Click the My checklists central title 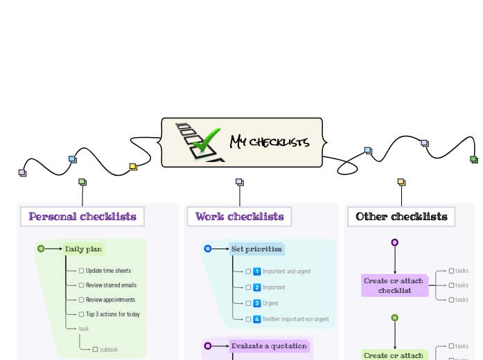pyautogui.click(x=270, y=143)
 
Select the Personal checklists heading pyautogui.click(x=82, y=217)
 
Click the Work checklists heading pyautogui.click(x=239, y=217)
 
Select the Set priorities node pyautogui.click(x=256, y=249)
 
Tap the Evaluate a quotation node pyautogui.click(x=269, y=346)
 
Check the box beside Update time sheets pyautogui.click(x=81, y=271)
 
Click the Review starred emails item pyautogui.click(x=111, y=285)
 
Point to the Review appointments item pyautogui.click(x=110, y=300)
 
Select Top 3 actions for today pyautogui.click(x=112, y=314)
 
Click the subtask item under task pyautogui.click(x=109, y=350)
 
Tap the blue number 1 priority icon pyautogui.click(x=256, y=271)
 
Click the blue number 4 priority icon pyautogui.click(x=256, y=319)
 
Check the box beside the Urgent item pyautogui.click(x=248, y=303)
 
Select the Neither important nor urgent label pyautogui.click(x=296, y=319)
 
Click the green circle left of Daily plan pyautogui.click(x=41, y=249)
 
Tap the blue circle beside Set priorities pyautogui.click(x=208, y=249)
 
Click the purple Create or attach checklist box pyautogui.click(x=395, y=285)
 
